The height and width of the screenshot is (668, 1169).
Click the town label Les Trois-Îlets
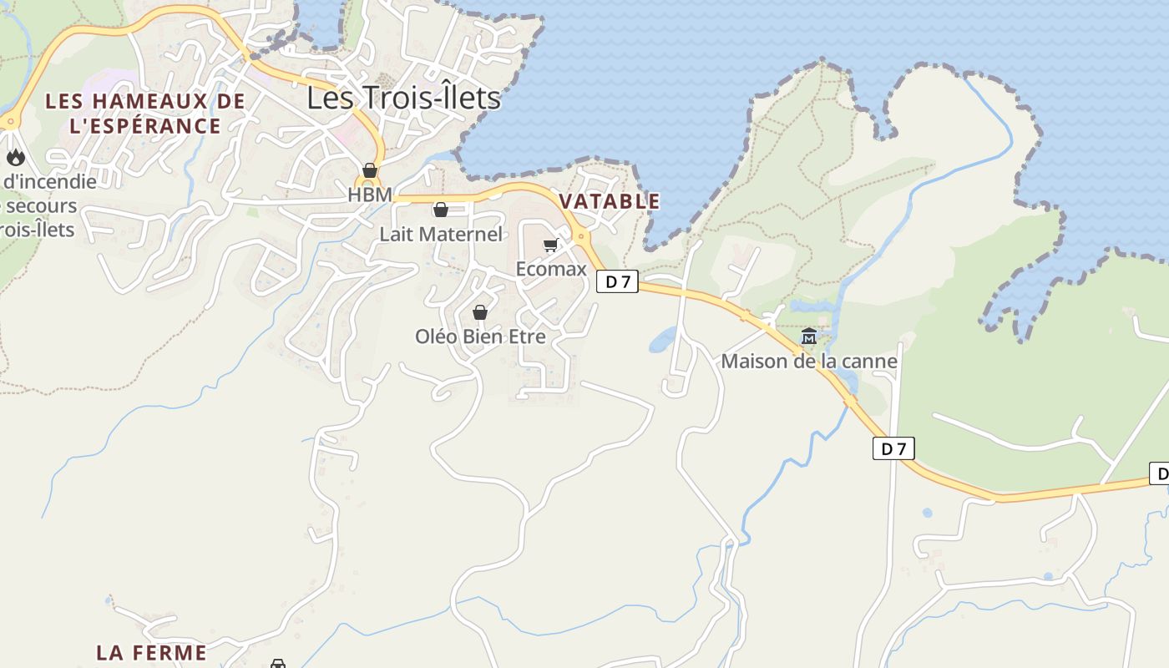[403, 99]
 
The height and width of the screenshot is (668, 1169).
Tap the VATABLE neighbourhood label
[610, 201]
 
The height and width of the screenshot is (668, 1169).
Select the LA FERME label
[151, 652]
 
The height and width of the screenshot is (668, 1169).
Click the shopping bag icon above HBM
[370, 170]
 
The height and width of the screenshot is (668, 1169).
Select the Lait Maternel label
[441, 234]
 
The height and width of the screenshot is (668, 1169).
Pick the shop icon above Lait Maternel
[441, 210]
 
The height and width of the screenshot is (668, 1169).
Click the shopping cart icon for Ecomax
[550, 245]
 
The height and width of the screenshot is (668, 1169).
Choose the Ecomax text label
[551, 269]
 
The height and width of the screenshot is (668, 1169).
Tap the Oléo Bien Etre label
[480, 337]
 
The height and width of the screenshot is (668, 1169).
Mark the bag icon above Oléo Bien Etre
[480, 312]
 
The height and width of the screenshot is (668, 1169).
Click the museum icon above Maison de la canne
[808, 337]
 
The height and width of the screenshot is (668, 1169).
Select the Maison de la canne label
[808, 362]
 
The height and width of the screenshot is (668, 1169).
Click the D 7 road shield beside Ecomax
[617, 282]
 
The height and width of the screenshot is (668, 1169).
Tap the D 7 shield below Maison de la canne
[893, 449]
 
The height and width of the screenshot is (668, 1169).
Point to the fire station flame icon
[15, 157]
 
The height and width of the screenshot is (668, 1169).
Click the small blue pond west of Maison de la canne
[663, 339]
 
